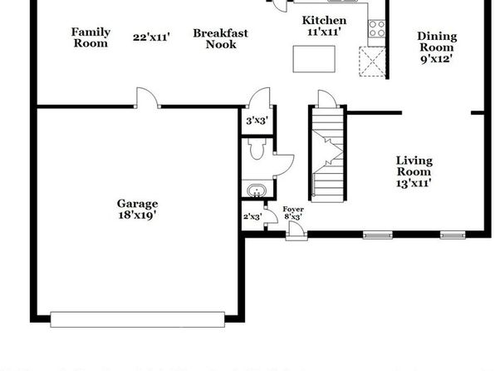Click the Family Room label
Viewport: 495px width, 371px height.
[x=91, y=37]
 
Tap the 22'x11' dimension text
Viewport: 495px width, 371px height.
[x=151, y=37]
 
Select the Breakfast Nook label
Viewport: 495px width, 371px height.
[x=221, y=38]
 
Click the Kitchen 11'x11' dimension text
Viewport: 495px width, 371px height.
[x=324, y=32]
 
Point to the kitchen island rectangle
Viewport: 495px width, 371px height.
[x=314, y=59]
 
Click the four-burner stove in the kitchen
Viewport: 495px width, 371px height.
[x=377, y=28]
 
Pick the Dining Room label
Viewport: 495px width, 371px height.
[x=437, y=42]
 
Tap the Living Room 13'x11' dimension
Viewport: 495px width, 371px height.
[x=414, y=183]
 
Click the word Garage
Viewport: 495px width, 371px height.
[x=137, y=204]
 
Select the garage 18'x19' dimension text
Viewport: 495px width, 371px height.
[x=137, y=215]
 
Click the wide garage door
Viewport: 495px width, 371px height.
[x=138, y=319]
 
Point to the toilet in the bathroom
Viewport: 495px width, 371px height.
[x=257, y=149]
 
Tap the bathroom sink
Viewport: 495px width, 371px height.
[x=257, y=191]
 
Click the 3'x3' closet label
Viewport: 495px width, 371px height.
[x=257, y=121]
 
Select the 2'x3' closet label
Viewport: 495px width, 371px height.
[x=252, y=216]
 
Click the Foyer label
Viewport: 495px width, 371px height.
[x=293, y=209]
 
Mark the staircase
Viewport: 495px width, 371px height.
[x=328, y=155]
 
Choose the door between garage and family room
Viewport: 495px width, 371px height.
[x=148, y=97]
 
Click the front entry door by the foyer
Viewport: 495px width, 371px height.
[x=297, y=230]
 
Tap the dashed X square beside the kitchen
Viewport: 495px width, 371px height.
[x=372, y=62]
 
